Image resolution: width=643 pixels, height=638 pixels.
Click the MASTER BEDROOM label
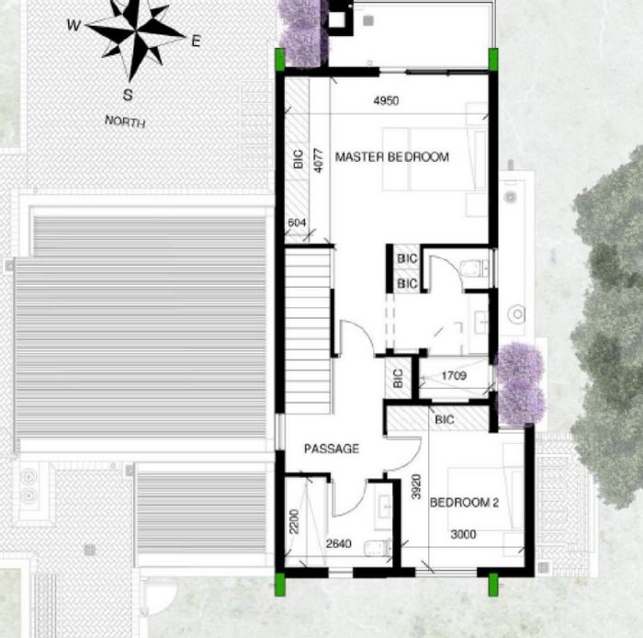392,156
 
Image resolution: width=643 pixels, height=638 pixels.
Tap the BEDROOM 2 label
464,503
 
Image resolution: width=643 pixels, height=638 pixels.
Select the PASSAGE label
332,449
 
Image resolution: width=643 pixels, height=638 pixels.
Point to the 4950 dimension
387,100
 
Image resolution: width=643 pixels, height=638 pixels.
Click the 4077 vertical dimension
319,161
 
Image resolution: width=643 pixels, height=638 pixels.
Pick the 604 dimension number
297,222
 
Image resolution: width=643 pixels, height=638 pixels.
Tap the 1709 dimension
454,375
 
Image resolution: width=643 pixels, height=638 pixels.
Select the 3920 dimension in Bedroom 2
416,486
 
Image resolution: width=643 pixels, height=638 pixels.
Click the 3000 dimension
463,534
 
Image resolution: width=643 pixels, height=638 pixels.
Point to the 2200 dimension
295,521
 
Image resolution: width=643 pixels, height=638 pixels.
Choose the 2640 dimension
339,543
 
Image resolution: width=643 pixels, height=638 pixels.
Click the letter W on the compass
73,26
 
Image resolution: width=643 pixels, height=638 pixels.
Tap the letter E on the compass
196,41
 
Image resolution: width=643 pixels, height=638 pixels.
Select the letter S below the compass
128,95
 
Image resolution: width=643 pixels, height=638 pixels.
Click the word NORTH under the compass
125,122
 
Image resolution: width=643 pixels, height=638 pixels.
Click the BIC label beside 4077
299,159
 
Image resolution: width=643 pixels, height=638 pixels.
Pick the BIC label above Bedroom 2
445,420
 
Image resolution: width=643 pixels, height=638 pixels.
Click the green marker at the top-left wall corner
279,59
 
